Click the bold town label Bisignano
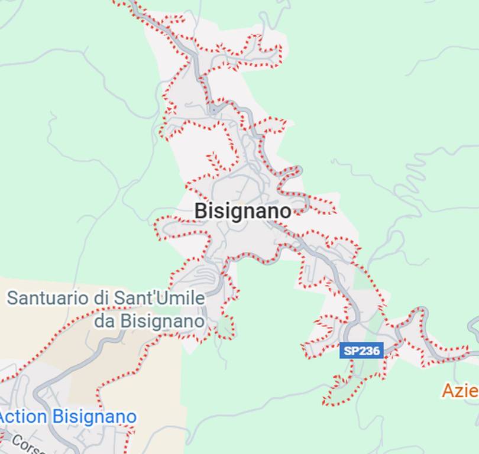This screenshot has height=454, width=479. coord(242,211)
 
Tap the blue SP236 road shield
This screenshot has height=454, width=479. coord(362,351)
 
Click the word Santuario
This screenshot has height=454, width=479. coord(48,297)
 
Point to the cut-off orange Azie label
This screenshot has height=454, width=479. coord(460,390)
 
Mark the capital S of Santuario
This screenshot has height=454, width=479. coord(12,297)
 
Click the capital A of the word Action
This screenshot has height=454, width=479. coord(5,417)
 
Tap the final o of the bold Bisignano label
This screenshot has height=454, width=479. coord(286,211)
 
